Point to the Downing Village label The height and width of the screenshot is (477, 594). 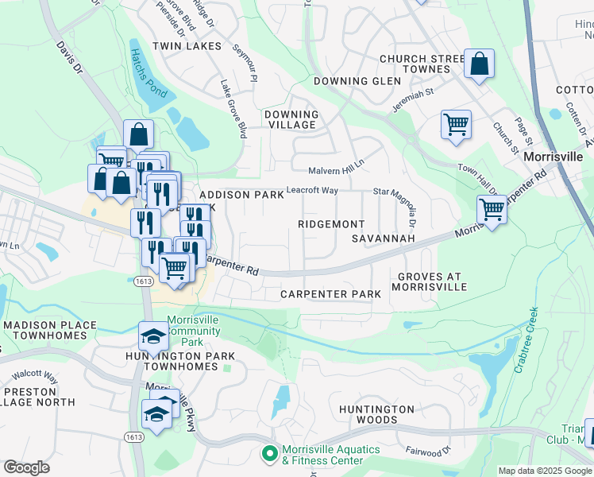pyautogui.click(x=291, y=120)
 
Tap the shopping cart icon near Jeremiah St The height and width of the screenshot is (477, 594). pyautogui.click(x=456, y=124)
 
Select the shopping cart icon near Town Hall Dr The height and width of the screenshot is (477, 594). pyautogui.click(x=492, y=211)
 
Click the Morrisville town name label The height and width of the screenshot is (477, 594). pyautogui.click(x=553, y=157)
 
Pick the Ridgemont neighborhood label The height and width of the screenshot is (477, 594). pyautogui.click(x=331, y=225)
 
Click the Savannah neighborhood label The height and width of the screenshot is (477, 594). pyautogui.click(x=384, y=238)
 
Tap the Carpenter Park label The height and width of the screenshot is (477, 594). pyautogui.click(x=330, y=294)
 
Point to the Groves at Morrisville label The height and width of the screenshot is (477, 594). pyautogui.click(x=426, y=281)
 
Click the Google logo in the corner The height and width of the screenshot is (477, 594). pyautogui.click(x=26, y=467)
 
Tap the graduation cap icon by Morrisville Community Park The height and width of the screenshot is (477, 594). pyautogui.click(x=153, y=336)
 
